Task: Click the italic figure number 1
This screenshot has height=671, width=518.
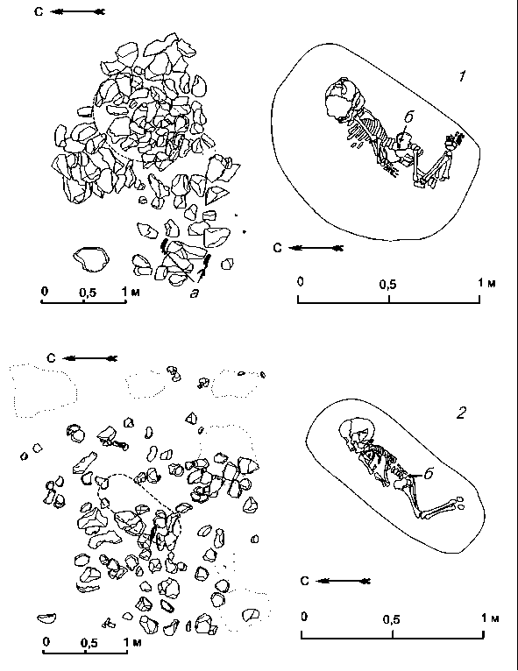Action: (462, 76)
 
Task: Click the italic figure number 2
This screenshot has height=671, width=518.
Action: (461, 413)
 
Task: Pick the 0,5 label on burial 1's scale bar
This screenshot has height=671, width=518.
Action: (387, 284)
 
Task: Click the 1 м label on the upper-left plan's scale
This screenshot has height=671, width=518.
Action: (130, 292)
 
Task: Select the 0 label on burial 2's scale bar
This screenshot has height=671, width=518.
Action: (304, 617)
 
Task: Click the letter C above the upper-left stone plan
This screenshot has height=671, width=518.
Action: (39, 11)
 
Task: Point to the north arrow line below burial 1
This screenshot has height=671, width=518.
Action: (316, 248)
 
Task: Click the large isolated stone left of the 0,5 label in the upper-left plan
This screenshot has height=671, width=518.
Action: (91, 259)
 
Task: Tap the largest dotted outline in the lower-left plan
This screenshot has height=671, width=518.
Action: (43, 391)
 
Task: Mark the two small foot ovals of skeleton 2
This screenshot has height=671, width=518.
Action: (460, 503)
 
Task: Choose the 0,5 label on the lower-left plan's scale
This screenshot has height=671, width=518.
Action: (89, 643)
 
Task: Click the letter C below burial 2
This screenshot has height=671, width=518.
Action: (304, 581)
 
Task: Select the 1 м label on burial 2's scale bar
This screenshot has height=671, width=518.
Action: (489, 618)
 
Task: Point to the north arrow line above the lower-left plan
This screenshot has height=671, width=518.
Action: (89, 358)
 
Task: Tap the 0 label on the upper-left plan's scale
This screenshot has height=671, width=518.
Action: (45, 292)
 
